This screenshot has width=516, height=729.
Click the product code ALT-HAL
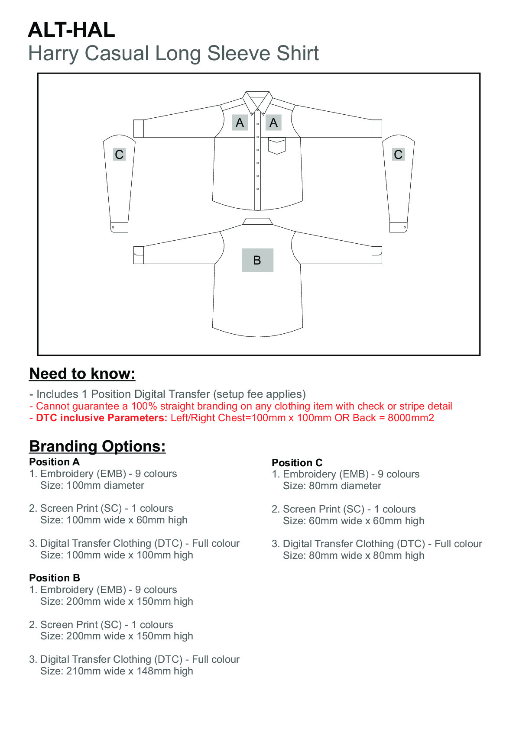pos(71,30)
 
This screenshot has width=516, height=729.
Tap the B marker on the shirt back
pos(257,260)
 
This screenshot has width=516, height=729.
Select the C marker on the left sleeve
pos(119,155)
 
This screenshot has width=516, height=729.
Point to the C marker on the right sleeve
pos(398,155)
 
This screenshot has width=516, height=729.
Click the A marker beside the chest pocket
pos(273,123)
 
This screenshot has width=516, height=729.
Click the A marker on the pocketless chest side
pos(240,123)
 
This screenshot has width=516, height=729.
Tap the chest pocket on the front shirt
pos(277,145)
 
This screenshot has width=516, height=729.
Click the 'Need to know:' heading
pos(82,374)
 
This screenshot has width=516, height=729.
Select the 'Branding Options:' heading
pos(97,446)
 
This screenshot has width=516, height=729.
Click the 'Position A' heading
pos(54,462)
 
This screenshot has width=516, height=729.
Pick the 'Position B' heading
pos(55,578)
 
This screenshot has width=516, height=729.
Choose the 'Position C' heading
pos(297,463)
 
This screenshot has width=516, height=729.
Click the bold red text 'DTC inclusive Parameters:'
pos(101,418)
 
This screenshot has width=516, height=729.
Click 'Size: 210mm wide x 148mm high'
pos(117,671)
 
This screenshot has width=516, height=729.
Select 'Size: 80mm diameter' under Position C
pos(332,486)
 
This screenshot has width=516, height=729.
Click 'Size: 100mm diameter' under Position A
pos(92,486)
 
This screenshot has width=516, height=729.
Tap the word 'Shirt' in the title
pos(298,54)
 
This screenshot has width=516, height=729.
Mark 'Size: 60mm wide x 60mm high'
pos(354,521)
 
